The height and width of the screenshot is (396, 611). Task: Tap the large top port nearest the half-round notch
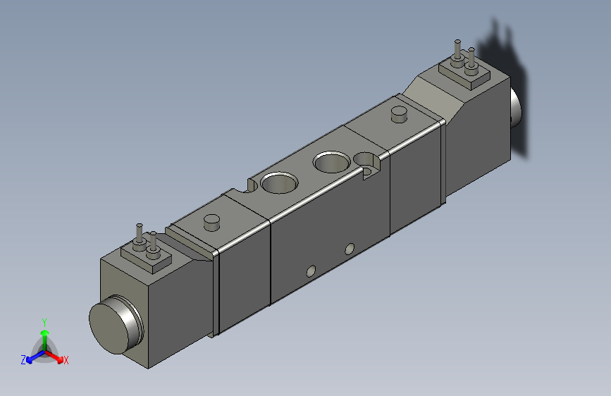point(280,183)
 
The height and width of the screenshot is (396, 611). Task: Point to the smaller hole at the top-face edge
point(368,159)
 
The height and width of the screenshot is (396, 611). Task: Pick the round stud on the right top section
point(399,113)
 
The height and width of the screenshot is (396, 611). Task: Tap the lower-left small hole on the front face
point(310,271)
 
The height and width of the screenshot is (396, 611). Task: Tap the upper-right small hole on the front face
point(350,249)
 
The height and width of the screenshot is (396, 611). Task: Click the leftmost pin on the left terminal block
point(139,235)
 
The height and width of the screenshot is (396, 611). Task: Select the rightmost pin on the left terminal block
point(152,242)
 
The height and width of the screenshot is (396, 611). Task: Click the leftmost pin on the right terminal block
point(458,51)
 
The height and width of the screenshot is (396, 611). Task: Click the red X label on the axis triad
point(66,360)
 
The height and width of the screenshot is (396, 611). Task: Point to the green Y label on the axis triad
point(44,321)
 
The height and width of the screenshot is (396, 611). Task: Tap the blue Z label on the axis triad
point(23,360)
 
